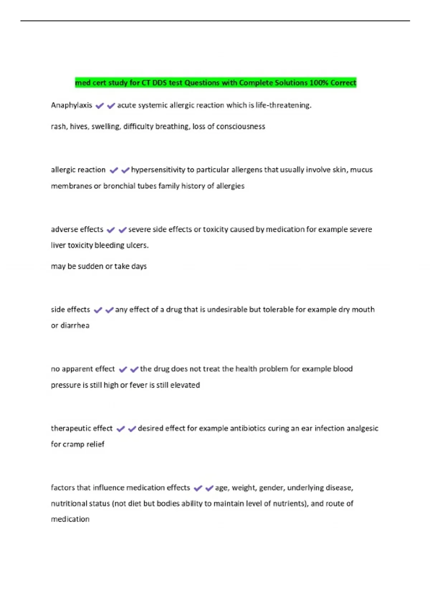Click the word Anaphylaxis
pyautogui.click(x=71, y=105)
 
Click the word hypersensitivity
pyautogui.click(x=158, y=170)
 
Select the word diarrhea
pyautogui.click(x=75, y=325)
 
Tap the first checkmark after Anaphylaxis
pyautogui.click(x=100, y=106)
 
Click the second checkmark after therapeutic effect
pyautogui.click(x=132, y=429)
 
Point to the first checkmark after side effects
pyautogui.click(x=98, y=310)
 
